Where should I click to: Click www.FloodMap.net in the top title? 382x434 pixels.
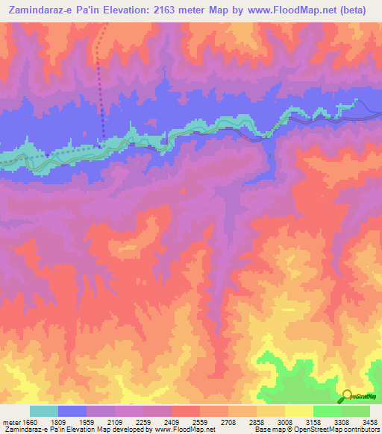tap(301, 10)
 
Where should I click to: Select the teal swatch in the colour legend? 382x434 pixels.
tap(44, 411)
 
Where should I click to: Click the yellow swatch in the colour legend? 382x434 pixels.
tap(299, 411)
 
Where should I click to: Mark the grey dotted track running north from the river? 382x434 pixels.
tap(100, 82)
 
